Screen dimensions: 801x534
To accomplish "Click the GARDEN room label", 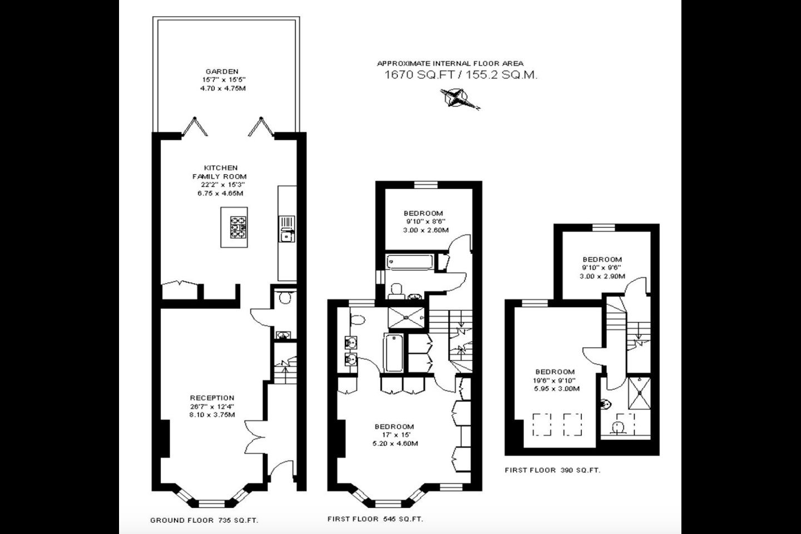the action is tap(222, 72).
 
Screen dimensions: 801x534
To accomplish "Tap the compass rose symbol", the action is tap(459, 98).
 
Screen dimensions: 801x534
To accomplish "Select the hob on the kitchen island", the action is tap(238, 227).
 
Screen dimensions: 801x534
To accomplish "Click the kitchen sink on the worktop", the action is tap(287, 229).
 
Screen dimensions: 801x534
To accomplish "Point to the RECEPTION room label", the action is tap(212, 398).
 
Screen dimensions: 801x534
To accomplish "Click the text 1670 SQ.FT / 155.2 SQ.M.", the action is tap(461, 75).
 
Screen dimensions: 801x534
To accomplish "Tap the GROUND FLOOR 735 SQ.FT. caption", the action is tap(204, 521).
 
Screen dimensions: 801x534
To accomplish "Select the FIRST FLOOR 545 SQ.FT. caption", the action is tap(375, 519).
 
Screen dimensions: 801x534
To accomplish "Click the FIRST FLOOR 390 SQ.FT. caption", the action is tap(552, 471).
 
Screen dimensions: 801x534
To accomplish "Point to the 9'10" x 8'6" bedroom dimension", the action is tap(423, 222).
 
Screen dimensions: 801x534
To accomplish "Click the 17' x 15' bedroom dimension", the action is tap(394, 435).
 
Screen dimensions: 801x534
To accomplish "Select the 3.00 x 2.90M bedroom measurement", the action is tap(602, 276).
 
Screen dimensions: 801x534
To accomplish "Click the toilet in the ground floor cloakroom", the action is tap(285, 297).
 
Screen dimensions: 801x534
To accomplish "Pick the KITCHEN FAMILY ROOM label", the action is tap(220, 172).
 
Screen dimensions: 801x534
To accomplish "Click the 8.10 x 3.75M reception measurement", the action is tap(212, 415).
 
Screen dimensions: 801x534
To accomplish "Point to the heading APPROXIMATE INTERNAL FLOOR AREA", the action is tap(450, 63).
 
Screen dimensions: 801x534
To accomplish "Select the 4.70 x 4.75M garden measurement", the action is tap(222, 88).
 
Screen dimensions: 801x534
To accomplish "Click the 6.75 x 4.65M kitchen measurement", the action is tap(220, 194).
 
